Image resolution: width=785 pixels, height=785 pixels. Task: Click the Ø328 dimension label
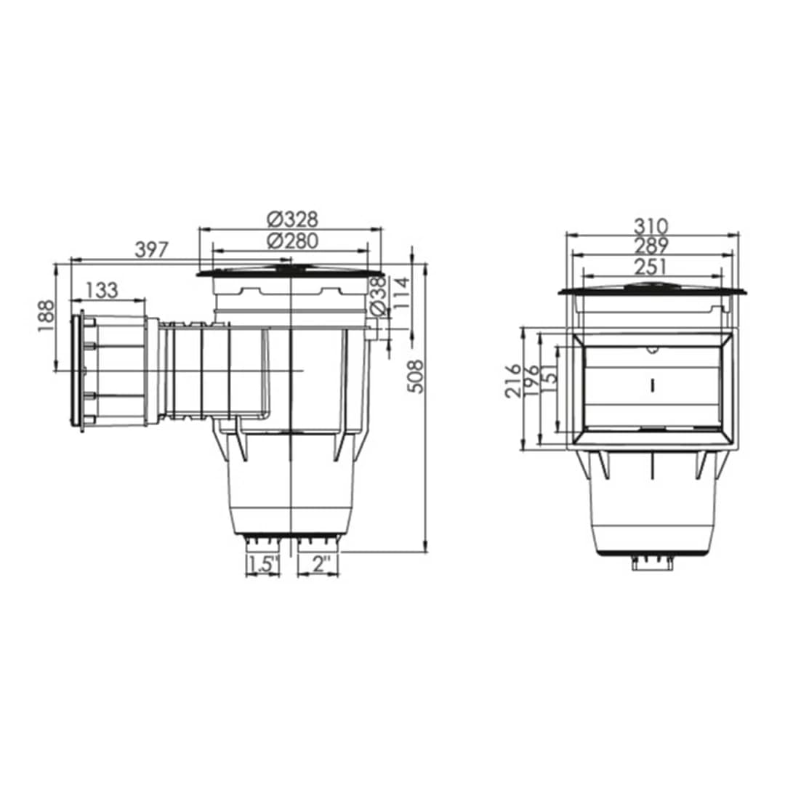pos(293,220)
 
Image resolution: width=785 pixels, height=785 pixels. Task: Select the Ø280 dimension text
pos(293,241)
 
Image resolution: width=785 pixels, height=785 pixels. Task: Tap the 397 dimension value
pos(152,249)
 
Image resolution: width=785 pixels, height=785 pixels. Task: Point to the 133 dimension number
pos(102,290)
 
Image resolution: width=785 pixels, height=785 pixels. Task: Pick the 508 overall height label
pos(415,377)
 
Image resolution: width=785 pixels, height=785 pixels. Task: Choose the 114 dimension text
pos(401,294)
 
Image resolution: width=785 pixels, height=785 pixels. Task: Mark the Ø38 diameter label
pos(379,297)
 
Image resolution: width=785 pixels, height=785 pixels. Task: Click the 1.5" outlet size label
pos(263,564)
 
